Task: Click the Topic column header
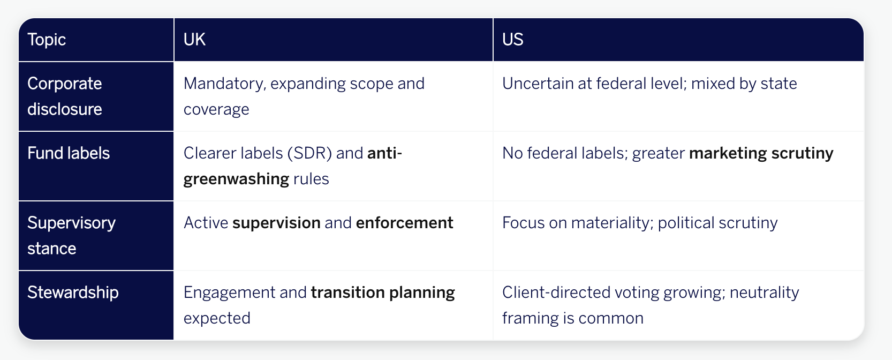coord(47,40)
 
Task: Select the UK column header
coord(194,40)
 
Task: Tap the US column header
coord(512,40)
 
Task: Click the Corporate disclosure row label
coord(65,96)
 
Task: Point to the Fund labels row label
coord(69,153)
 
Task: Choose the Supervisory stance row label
coord(71,235)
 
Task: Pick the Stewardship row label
coord(73,292)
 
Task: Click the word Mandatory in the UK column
coord(224,84)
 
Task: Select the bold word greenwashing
coord(236,179)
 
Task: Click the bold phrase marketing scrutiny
coord(761,153)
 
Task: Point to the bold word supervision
coord(276,223)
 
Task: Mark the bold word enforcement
coord(405,223)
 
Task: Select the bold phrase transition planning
coord(383,292)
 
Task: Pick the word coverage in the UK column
coord(216,109)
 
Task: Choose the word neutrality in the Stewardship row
coord(764,292)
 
